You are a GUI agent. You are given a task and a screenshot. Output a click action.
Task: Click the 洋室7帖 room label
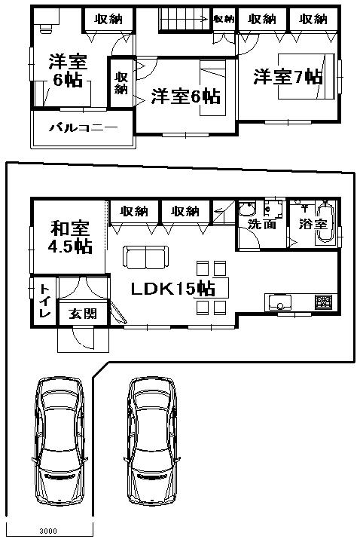pyautogui.click(x=288, y=76)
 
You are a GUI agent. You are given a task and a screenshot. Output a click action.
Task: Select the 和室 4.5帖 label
pyautogui.click(x=72, y=237)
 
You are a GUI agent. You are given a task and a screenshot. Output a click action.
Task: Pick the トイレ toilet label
pyautogui.click(x=44, y=301)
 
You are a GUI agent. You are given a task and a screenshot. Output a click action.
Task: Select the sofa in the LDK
pyautogui.click(x=147, y=258)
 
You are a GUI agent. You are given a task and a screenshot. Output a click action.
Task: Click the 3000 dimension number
pyautogui.click(x=28, y=531)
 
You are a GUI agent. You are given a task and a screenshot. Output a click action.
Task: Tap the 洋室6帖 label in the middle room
pyautogui.click(x=185, y=96)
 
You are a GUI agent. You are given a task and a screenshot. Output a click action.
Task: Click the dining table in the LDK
pyautogui.click(x=210, y=287)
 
